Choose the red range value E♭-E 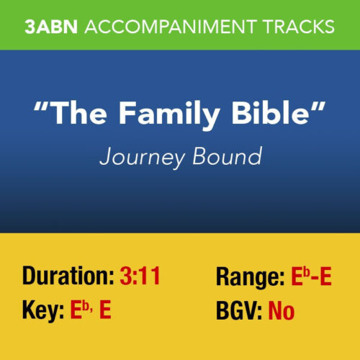click(x=310, y=276)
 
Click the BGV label click(x=239, y=312)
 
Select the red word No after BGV click(x=282, y=312)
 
